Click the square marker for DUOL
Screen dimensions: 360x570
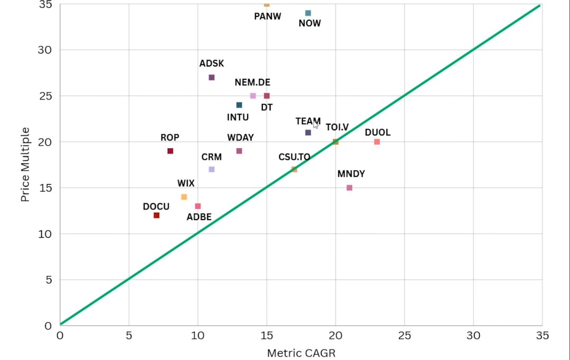pyautogui.click(x=377, y=142)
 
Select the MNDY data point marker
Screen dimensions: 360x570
pyautogui.click(x=349, y=188)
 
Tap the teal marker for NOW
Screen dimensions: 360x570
pyautogui.click(x=308, y=13)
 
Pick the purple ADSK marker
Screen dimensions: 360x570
pyautogui.click(x=212, y=78)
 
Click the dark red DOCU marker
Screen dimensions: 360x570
pyautogui.click(x=156, y=215)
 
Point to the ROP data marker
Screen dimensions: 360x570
pyautogui.click(x=170, y=151)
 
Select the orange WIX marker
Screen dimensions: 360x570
pyautogui.click(x=184, y=197)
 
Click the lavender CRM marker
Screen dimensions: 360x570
pyautogui.click(x=212, y=169)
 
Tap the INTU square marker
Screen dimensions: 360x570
pyautogui.click(x=239, y=105)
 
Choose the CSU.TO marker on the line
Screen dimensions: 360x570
pyautogui.click(x=294, y=169)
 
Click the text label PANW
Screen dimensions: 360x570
pyautogui.click(x=268, y=16)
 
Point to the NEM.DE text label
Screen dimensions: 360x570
pyautogui.click(x=252, y=82)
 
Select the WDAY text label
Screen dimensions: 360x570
pyautogui.click(x=241, y=138)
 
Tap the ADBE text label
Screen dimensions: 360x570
pyautogui.click(x=199, y=217)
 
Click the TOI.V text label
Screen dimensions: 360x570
pyautogui.click(x=337, y=127)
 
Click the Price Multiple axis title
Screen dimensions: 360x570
pyautogui.click(x=25, y=164)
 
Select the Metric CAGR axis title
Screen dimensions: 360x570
pyautogui.click(x=301, y=353)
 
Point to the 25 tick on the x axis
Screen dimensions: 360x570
pyautogui.click(x=404, y=336)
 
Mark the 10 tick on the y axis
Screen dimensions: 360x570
pyautogui.click(x=44, y=234)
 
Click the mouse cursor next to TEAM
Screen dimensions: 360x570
pyautogui.click(x=316, y=125)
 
